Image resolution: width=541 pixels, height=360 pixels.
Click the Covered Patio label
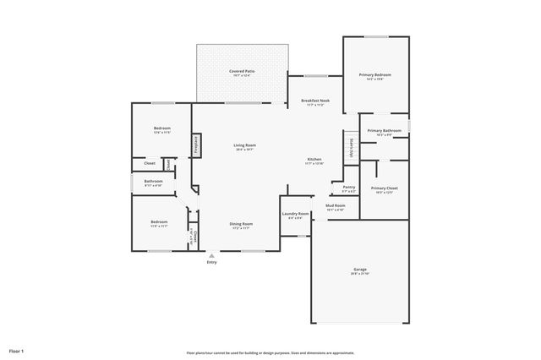243,72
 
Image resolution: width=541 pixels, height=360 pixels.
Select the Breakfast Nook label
315,101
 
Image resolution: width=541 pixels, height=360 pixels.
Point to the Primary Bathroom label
385,131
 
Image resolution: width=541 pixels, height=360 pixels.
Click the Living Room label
244,145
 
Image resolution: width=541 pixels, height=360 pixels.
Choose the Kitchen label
314,159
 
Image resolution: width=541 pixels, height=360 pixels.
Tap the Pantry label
348,187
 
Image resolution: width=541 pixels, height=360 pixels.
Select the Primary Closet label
384,188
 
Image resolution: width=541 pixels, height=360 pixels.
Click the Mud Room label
335,205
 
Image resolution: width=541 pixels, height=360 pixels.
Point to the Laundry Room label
296,214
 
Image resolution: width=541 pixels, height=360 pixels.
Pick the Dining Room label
241,224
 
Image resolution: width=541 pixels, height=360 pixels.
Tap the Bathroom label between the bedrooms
153,181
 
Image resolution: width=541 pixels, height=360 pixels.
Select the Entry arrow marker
211,254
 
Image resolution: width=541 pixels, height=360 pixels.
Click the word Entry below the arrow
211,263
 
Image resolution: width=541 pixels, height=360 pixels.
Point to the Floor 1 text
17,350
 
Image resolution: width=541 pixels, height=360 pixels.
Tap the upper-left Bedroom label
162,128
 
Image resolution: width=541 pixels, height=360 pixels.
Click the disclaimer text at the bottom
270,352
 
